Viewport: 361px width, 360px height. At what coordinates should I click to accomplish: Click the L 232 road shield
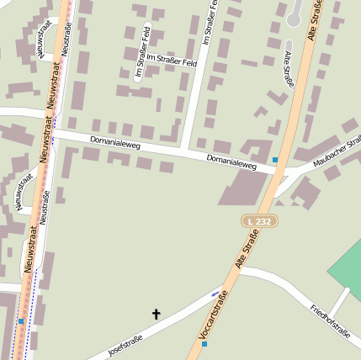(x=258, y=220)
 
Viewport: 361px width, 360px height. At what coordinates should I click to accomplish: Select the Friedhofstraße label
(x=329, y=320)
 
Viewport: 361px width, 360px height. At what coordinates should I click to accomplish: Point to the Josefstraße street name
(x=125, y=345)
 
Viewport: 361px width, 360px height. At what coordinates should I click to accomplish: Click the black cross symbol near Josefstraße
(x=156, y=315)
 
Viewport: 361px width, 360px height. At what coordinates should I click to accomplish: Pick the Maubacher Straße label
(x=340, y=151)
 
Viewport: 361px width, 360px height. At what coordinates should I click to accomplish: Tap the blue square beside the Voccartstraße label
(x=204, y=344)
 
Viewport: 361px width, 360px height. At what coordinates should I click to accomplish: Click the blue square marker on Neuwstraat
(x=21, y=320)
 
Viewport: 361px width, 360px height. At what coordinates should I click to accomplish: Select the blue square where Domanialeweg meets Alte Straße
(x=275, y=159)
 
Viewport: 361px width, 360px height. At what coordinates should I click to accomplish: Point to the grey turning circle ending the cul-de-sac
(x=294, y=18)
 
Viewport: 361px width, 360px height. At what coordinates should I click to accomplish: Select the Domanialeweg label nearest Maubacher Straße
(x=231, y=161)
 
